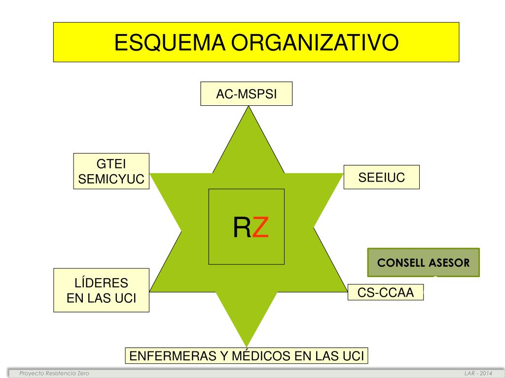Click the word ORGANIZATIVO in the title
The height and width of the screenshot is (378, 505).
pos(315,42)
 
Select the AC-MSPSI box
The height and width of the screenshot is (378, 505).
pos(246,94)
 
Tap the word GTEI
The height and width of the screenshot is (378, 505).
pos(111,164)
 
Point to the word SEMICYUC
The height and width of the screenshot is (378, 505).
pos(111,180)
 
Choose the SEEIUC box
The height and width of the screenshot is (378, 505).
pos(381,178)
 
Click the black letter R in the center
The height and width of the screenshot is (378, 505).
pos(242,227)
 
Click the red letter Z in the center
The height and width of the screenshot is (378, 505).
pos(260,227)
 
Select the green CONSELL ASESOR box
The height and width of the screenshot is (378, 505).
pos(423,262)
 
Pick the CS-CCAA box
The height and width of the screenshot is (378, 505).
pos(385,293)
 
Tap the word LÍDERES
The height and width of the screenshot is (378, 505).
pos(101,283)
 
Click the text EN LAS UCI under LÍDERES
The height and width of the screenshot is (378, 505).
pos(101,298)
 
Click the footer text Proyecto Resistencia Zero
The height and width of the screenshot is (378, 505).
pos(54,374)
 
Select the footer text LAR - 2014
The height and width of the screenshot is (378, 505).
pos(478,374)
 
